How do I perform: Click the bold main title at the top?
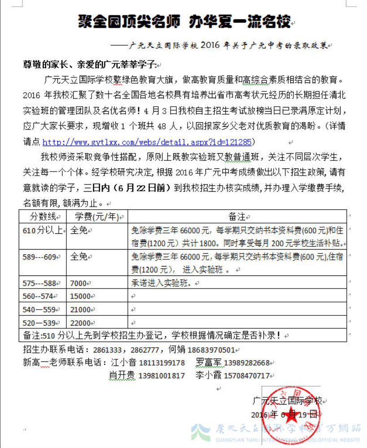(x=184, y=21)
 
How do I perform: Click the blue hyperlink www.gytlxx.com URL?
(x=148, y=142)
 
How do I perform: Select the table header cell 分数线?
(x=43, y=217)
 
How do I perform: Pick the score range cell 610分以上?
(x=43, y=231)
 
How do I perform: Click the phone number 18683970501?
(x=211, y=350)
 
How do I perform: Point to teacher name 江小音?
(x=122, y=362)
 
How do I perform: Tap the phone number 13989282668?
(x=247, y=362)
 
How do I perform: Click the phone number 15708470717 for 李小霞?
(x=247, y=375)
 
